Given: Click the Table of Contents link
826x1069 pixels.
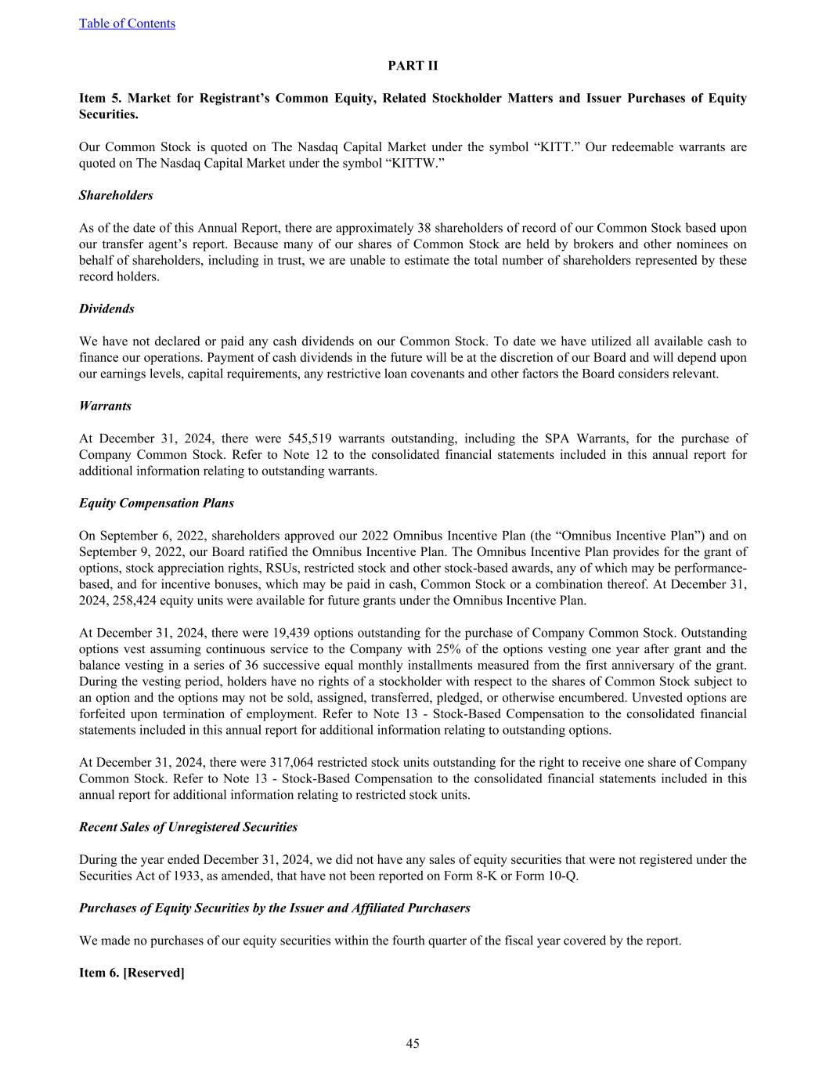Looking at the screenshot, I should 127,23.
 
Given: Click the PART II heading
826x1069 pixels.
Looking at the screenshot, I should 413,66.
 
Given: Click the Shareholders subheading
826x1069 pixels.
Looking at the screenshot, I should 116,196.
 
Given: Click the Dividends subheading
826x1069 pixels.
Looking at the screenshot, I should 106,309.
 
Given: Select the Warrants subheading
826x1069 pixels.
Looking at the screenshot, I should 105,406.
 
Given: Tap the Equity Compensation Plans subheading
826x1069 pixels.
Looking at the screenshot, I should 157,503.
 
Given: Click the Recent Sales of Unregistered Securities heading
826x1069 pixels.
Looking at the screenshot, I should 188,827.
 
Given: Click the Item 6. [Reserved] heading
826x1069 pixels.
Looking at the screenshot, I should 132,973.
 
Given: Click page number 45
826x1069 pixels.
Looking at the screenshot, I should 413,1043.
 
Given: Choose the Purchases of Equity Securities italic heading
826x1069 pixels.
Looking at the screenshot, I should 274,908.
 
